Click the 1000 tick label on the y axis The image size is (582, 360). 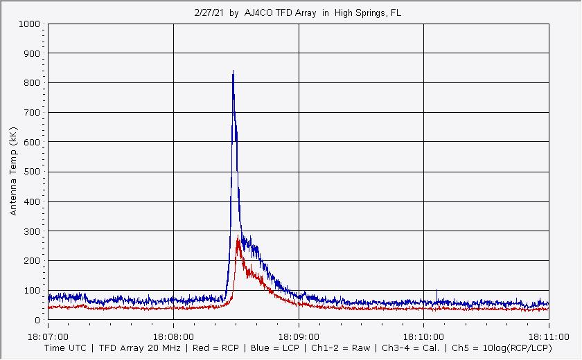tap(29, 24)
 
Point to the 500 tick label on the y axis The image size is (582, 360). tap(32, 172)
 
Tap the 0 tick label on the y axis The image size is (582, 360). tap(37, 321)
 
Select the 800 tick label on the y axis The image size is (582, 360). tap(32, 83)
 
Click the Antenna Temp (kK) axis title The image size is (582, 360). tap(14, 172)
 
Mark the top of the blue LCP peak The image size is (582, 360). tap(233, 71)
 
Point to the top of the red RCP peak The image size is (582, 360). tap(238, 238)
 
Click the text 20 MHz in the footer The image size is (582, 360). tap(161, 348)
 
